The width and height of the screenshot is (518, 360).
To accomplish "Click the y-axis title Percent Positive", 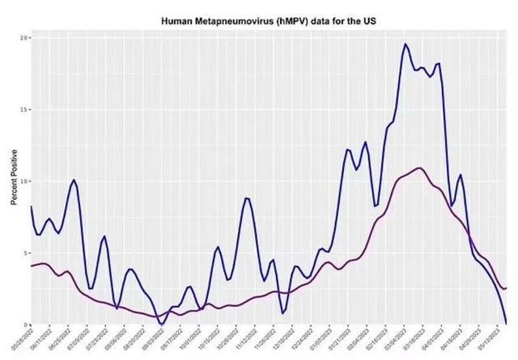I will pyautogui.click(x=14, y=180).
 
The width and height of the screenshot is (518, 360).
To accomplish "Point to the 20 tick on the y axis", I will pyautogui.click(x=24, y=38).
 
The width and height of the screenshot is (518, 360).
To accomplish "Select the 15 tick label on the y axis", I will pyautogui.click(x=24, y=109).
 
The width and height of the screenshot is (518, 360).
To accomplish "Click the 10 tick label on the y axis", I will pyautogui.click(x=24, y=181).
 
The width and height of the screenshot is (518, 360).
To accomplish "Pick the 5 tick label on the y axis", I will pyautogui.click(x=26, y=252).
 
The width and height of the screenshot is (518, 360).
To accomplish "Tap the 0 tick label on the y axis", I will pyautogui.click(x=26, y=324).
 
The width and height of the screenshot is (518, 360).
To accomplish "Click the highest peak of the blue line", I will pyautogui.click(x=405, y=44).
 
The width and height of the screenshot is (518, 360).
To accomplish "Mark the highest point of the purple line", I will pyautogui.click(x=419, y=168).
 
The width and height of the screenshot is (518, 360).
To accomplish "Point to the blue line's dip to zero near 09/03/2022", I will pyautogui.click(x=161, y=323).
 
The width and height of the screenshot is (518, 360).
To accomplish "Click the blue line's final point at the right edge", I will pyautogui.click(x=506, y=323).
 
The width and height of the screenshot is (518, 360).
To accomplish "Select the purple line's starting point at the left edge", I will pyautogui.click(x=32, y=265).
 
